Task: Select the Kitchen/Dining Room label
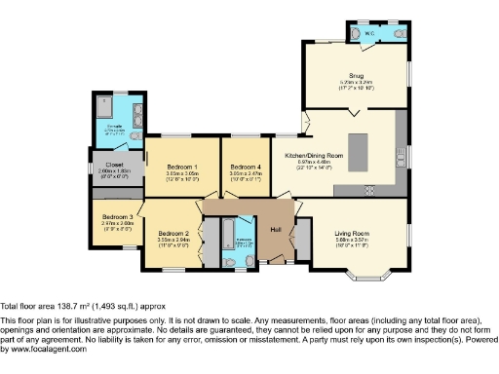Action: pyautogui.click(x=313, y=155)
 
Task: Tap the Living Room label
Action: pyautogui.click(x=350, y=233)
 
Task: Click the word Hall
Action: pyautogui.click(x=277, y=228)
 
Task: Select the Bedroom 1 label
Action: pyautogui.click(x=182, y=167)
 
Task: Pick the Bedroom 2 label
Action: pyautogui.click(x=173, y=233)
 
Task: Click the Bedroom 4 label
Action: pyautogui.click(x=245, y=167)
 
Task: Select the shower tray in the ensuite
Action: pyautogui.click(x=105, y=106)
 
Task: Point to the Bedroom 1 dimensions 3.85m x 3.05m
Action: pyautogui.click(x=182, y=173)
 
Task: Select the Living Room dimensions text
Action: pyautogui.click(x=350, y=241)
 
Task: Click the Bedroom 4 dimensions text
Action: pyautogui.click(x=245, y=173)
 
